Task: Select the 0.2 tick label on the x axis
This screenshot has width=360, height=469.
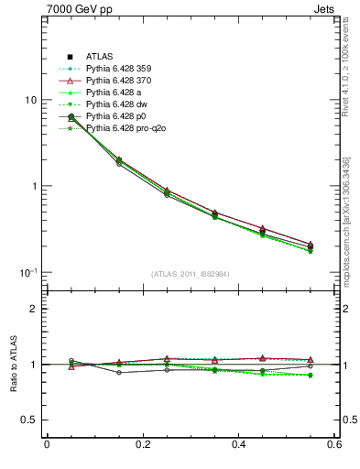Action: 142,445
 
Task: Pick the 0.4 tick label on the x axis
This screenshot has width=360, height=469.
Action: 238,445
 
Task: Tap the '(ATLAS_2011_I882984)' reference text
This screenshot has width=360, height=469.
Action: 191,274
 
